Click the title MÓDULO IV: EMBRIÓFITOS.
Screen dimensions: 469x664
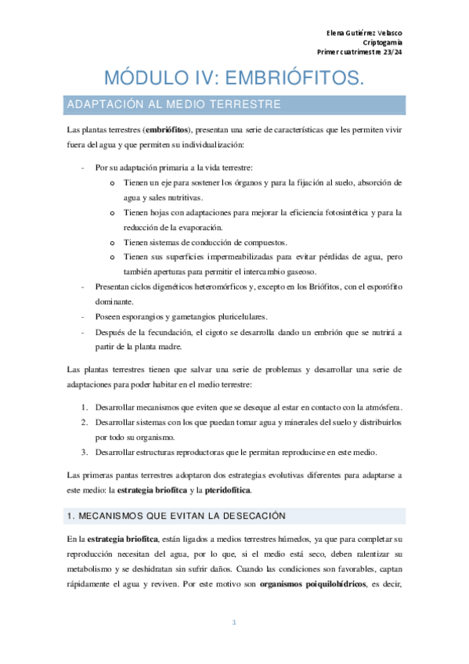click(235, 78)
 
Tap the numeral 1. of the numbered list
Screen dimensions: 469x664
click(85, 408)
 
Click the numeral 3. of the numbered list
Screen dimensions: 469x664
click(85, 453)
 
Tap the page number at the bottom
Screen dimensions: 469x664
click(234, 622)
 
